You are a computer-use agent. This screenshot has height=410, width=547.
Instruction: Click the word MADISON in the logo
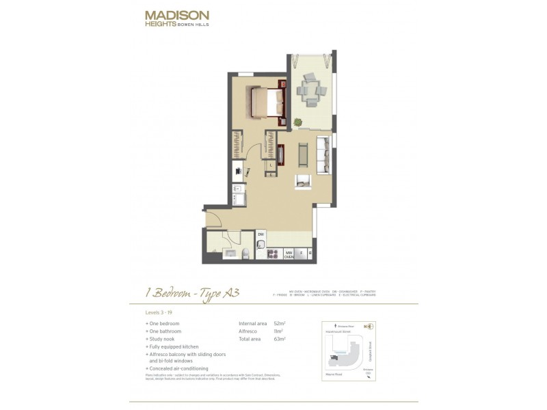(177, 14)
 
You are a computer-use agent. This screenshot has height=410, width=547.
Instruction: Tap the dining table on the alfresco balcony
(312, 90)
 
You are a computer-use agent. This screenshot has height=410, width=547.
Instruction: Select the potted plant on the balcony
(297, 122)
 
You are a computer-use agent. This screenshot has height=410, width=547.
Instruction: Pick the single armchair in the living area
(303, 182)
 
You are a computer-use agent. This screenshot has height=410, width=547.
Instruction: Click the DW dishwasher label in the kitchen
(261, 234)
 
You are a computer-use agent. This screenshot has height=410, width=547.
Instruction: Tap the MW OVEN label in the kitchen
(289, 254)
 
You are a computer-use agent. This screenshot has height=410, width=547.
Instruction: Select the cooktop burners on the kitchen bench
(271, 254)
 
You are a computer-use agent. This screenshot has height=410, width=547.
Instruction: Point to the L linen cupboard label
(271, 165)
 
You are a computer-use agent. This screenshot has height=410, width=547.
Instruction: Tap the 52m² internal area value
(279, 323)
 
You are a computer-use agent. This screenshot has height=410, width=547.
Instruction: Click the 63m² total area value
(279, 338)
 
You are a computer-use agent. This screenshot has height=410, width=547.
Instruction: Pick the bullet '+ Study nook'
(162, 338)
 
